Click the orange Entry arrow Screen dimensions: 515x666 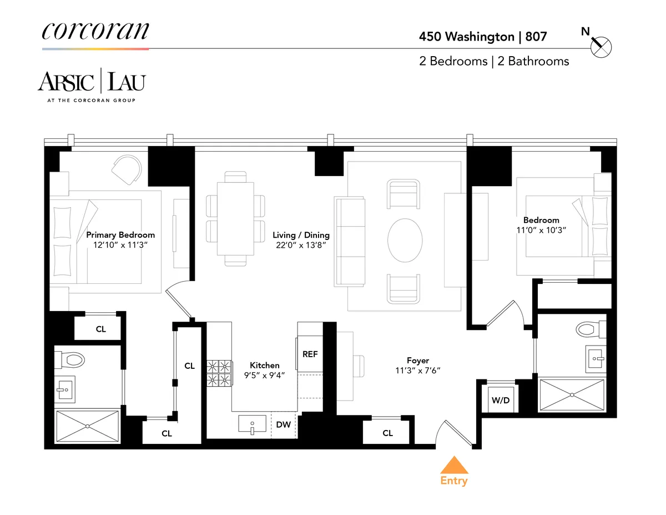tap(454, 466)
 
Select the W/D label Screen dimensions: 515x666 tap(497, 400)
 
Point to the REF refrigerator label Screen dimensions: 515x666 tap(310, 354)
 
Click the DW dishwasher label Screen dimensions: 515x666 tap(283, 425)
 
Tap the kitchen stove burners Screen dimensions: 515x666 tap(219, 373)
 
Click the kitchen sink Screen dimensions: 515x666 tap(253, 424)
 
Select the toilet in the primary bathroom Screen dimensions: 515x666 tap(70, 359)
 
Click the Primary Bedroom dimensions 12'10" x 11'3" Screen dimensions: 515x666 tap(120, 244)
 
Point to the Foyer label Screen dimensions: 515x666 tap(417, 361)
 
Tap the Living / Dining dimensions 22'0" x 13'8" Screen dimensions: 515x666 tap(301, 244)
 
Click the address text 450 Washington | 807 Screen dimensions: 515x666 tap(482, 37)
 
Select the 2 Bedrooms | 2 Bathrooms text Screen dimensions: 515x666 tap(494, 61)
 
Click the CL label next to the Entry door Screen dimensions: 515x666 tap(387, 433)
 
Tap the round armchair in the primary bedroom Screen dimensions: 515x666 tap(127, 168)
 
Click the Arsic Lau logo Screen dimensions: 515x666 tap(92, 82)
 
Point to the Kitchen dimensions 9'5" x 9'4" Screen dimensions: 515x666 tap(264, 375)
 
